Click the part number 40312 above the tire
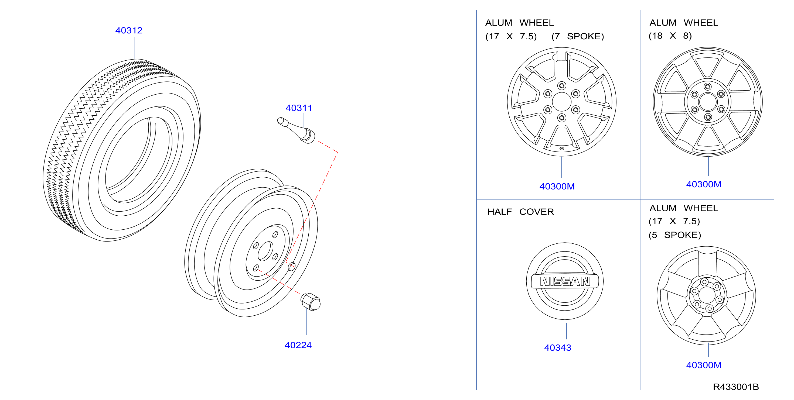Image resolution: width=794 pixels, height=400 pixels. tap(129, 30)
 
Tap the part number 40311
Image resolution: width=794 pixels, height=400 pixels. tap(299, 108)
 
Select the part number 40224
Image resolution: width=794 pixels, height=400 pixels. tap(298, 345)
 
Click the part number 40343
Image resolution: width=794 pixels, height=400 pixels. tap(558, 348)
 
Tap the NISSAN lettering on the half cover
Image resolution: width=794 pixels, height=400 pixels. tap(565, 281)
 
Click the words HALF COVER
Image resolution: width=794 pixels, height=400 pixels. tap(521, 212)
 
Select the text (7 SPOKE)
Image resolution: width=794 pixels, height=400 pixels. tap(578, 36)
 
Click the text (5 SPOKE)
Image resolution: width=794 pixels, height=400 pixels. tap(675, 235)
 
